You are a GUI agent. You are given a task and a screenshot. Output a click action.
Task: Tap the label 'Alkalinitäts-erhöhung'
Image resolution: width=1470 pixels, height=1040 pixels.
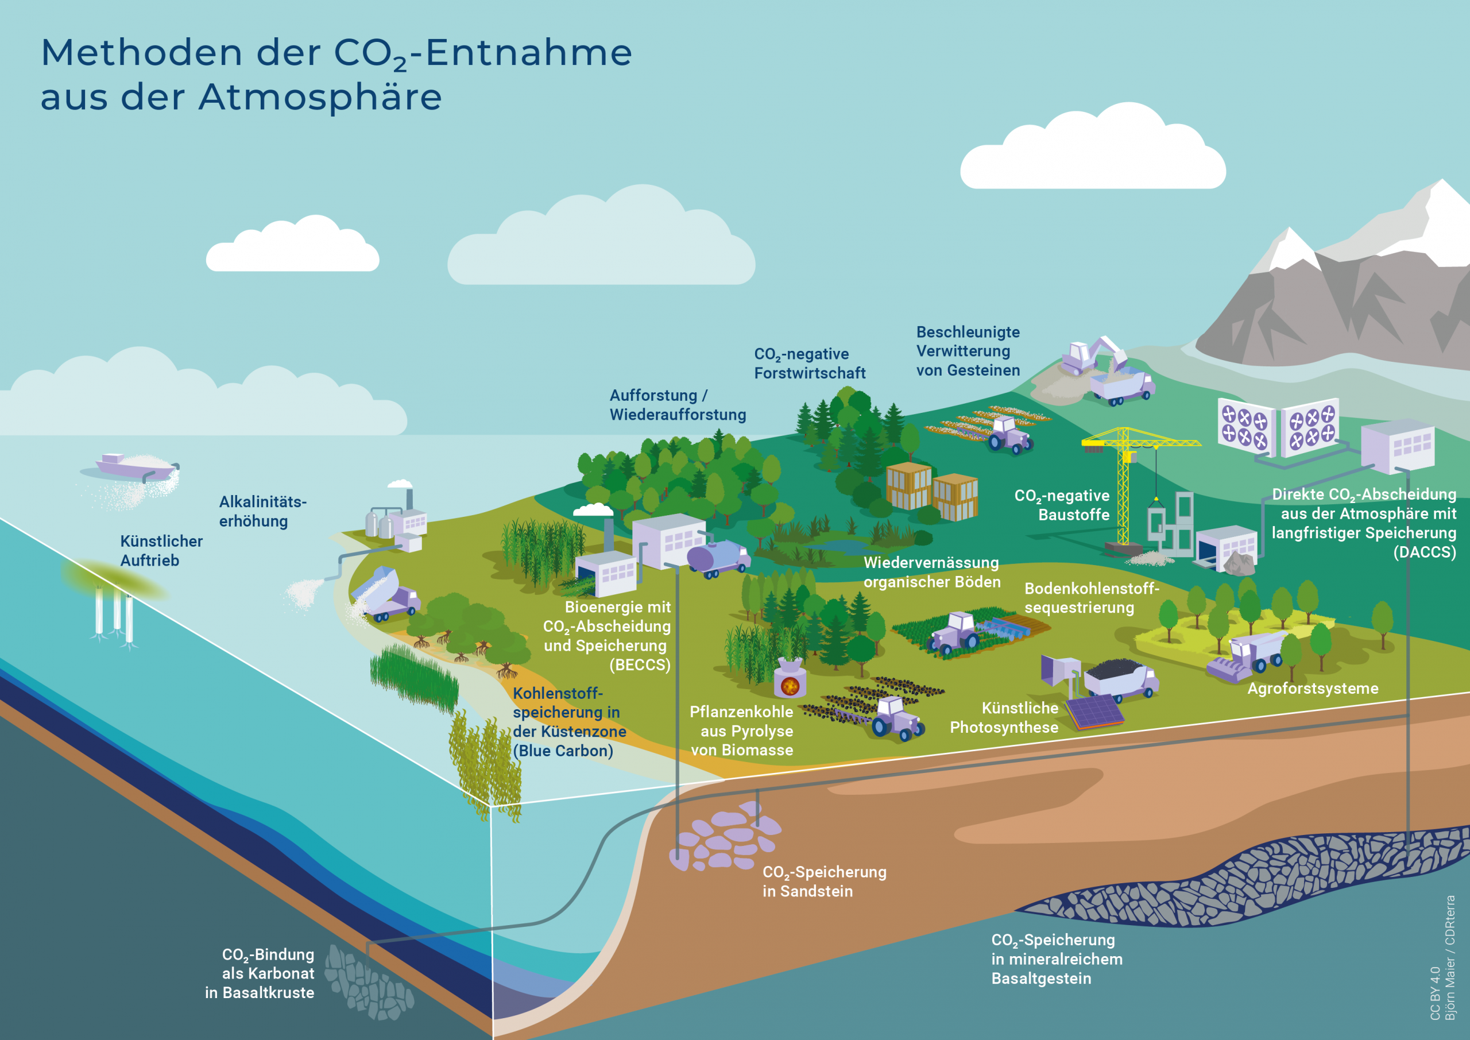tap(262, 511)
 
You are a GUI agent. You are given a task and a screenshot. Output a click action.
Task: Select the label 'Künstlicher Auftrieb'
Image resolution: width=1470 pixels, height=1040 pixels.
tap(161, 551)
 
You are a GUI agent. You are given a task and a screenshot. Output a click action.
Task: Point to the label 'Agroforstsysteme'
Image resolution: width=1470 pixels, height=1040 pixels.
tap(1313, 689)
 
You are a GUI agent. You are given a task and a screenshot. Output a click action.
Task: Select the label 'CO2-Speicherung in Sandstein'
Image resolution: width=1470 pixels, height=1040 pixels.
tap(824, 881)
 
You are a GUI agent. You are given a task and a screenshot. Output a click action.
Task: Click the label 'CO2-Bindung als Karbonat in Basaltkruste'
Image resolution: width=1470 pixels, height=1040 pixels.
tap(262, 973)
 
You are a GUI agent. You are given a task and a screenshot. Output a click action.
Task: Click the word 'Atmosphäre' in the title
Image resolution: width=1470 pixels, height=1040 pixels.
tap(320, 98)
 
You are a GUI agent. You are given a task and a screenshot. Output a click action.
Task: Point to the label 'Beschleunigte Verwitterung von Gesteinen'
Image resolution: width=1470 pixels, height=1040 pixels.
tap(968, 351)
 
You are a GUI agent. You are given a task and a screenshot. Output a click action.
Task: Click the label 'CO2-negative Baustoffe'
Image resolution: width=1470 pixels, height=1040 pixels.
tap(1063, 505)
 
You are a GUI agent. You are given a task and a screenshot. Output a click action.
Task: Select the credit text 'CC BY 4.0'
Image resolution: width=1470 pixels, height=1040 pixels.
tap(1435, 992)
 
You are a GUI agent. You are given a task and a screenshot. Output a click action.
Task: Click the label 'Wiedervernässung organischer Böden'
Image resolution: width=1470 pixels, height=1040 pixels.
tap(931, 572)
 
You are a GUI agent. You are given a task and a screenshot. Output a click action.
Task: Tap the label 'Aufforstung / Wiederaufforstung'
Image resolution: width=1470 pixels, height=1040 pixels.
tap(678, 405)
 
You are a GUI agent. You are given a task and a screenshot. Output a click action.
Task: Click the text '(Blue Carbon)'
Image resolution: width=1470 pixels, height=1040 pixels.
tap(563, 751)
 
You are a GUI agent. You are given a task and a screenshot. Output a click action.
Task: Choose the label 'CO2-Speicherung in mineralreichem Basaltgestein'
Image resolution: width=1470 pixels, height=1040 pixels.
tap(1057, 959)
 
